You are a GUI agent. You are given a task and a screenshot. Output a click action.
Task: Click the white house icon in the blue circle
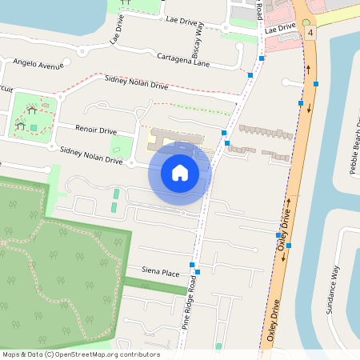(180, 172)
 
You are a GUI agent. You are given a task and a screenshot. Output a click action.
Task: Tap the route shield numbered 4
(310, 33)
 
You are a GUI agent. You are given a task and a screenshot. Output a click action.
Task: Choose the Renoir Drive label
(95, 130)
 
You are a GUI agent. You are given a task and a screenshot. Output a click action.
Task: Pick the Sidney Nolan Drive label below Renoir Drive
(91, 155)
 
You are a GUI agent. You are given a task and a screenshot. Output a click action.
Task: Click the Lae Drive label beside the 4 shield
(281, 28)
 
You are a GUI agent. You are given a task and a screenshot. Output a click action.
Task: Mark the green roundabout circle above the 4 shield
(306, 22)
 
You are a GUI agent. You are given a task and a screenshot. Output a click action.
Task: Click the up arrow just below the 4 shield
(309, 68)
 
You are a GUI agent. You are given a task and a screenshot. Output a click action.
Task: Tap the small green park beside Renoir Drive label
(121, 146)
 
